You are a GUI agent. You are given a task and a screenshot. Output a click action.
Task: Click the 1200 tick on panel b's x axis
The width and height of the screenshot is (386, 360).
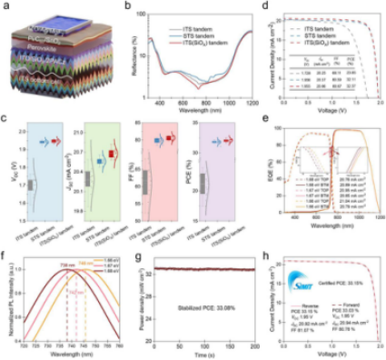click(251, 107)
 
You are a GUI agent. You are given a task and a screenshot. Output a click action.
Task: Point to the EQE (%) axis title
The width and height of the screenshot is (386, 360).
click(265, 173)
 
